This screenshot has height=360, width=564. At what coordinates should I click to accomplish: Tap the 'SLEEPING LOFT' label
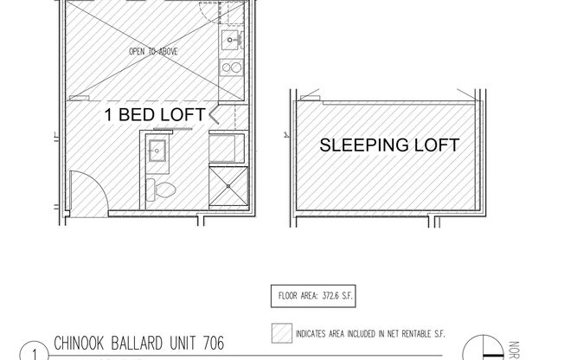click(389, 145)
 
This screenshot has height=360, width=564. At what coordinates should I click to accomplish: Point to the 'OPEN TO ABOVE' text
click(153, 52)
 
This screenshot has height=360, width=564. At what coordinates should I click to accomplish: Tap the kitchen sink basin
click(232, 39)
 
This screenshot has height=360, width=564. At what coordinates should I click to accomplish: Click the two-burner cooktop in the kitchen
click(232, 67)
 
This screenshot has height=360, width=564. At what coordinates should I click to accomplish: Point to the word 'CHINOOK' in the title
click(78, 344)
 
